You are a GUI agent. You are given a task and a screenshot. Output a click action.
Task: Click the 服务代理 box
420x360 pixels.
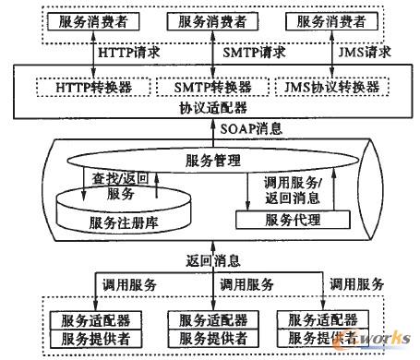[x=293, y=220]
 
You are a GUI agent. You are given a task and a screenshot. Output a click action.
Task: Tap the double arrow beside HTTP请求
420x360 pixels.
[x=94, y=53]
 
